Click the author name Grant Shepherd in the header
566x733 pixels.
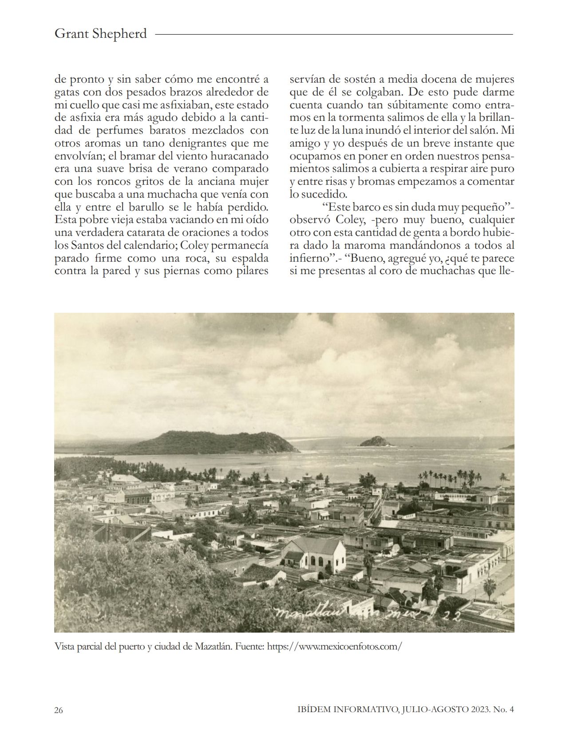(x=100, y=34)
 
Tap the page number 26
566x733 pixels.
(x=59, y=710)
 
